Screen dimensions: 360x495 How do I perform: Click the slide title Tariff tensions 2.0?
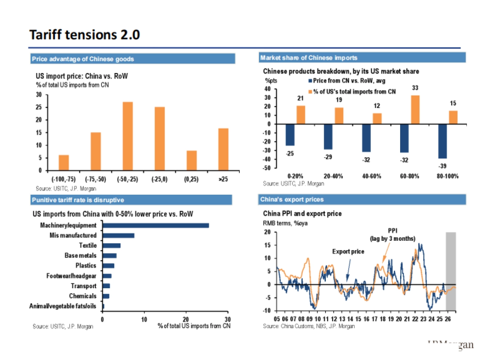(x=85, y=35)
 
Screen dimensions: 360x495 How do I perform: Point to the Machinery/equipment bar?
(x=156, y=225)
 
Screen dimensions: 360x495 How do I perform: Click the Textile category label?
(x=88, y=245)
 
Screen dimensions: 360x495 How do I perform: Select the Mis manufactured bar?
(x=118, y=235)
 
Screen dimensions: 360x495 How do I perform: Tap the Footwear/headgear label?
(x=71, y=276)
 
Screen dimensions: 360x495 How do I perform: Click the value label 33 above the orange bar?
(x=415, y=88)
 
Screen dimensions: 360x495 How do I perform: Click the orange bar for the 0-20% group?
(x=301, y=115)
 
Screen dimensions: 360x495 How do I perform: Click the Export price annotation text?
(x=348, y=252)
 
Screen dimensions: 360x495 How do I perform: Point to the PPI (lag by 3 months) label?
(x=392, y=235)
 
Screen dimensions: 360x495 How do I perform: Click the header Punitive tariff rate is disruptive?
(x=78, y=200)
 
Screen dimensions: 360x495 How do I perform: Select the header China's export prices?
(x=292, y=200)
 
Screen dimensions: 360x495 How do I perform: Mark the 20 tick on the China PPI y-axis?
(x=267, y=232)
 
